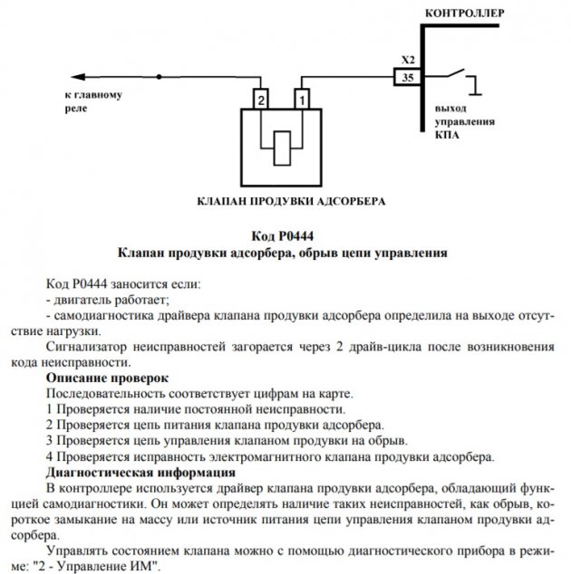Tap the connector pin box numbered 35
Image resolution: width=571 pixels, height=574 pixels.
tap(407, 78)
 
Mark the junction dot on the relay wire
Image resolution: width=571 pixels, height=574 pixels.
tap(160, 78)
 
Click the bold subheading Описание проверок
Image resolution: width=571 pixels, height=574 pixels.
tap(106, 376)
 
